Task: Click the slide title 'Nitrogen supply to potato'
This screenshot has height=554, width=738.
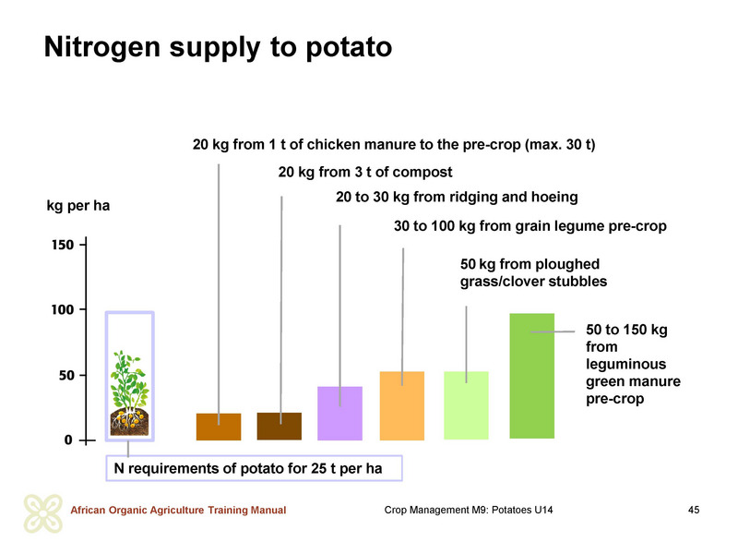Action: [x=218, y=48]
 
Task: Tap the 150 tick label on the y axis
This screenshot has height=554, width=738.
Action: [x=63, y=245]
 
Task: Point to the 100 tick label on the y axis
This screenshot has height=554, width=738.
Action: [x=63, y=310]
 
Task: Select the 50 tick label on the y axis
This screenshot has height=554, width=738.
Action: [x=66, y=376]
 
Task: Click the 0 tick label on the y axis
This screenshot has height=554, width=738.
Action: [x=68, y=440]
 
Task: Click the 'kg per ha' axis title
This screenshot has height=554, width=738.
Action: [x=78, y=206]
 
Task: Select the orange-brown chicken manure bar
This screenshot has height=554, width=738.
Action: [x=219, y=427]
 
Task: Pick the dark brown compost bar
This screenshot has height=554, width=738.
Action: [x=280, y=427]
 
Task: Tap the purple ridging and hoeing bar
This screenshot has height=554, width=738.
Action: [x=339, y=414]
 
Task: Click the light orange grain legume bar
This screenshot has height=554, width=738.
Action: [x=402, y=406]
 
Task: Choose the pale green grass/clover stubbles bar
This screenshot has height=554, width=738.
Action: [x=466, y=405]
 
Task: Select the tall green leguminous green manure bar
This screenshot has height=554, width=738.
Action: [x=532, y=376]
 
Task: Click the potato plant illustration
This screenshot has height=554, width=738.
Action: [x=129, y=393]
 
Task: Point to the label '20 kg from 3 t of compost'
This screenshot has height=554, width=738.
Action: [x=365, y=173]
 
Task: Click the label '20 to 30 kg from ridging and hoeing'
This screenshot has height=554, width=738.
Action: [x=457, y=197]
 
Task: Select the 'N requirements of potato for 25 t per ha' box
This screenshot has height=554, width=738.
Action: [x=255, y=468]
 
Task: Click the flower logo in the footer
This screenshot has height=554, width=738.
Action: [x=43, y=513]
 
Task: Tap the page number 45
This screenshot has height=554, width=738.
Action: [x=694, y=510]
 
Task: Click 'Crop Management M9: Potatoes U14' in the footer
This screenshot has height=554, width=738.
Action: [x=469, y=510]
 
